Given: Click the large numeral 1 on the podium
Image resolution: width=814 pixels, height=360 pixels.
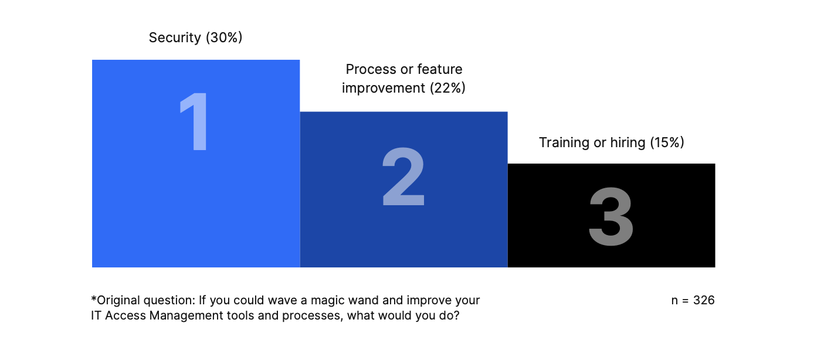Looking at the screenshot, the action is tap(195, 121).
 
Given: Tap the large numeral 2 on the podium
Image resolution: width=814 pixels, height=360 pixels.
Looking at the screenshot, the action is tap(403, 177).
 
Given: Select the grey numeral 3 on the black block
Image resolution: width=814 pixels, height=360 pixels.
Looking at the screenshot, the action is tap(611, 216).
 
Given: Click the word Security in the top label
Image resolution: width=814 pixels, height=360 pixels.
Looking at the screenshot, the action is tap(175, 38).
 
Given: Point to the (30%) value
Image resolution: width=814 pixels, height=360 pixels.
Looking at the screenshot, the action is tap(224, 38).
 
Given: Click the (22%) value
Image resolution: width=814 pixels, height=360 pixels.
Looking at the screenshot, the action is tap(447, 88).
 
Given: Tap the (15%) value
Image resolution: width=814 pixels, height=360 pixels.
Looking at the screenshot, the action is tap(667, 142).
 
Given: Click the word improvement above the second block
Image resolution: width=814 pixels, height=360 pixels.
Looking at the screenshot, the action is tap(384, 89).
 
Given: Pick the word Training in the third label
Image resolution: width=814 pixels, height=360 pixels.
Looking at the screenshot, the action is tap(564, 142).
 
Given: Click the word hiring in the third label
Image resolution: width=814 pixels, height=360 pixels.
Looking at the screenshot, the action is tap(628, 142).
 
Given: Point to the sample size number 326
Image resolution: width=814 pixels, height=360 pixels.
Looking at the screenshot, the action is tap(704, 300).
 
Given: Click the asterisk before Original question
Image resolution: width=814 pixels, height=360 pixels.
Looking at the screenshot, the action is tap(94, 298).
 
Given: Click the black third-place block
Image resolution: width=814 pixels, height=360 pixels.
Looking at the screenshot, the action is tap(611, 215).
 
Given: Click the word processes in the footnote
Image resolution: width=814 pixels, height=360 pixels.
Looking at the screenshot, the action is tap(312, 316).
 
